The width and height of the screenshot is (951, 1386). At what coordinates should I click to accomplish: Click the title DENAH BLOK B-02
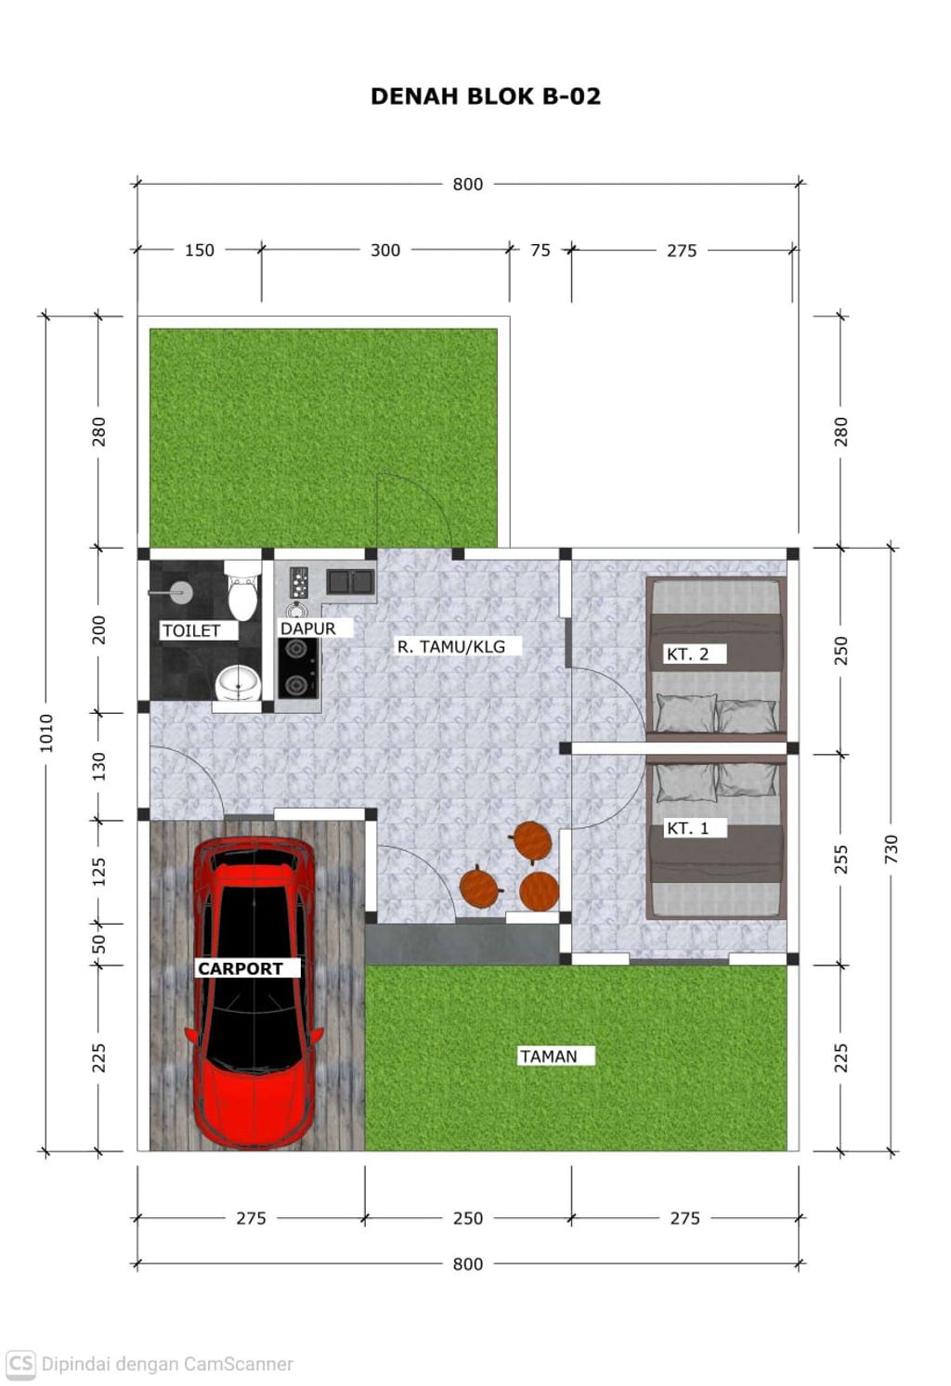pyautogui.click(x=486, y=97)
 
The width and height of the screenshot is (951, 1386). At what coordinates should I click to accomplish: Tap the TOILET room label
pyautogui.click(x=191, y=630)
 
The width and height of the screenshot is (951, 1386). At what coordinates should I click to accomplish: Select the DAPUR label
pyautogui.click(x=307, y=628)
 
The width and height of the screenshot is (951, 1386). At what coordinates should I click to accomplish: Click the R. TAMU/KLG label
pyautogui.click(x=450, y=647)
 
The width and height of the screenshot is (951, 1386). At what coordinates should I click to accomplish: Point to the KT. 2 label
pyautogui.click(x=687, y=654)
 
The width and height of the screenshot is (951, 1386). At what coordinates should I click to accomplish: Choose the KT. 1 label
pyautogui.click(x=687, y=828)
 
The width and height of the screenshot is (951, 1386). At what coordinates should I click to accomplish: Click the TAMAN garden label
pyautogui.click(x=549, y=1056)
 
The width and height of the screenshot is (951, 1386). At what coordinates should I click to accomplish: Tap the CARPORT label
pyautogui.click(x=241, y=968)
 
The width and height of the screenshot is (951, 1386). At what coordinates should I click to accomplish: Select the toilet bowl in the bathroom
pyautogui.click(x=242, y=591)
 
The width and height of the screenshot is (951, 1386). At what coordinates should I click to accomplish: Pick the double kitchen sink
pyautogui.click(x=350, y=582)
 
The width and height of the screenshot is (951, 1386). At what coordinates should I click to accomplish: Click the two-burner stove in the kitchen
pyautogui.click(x=298, y=668)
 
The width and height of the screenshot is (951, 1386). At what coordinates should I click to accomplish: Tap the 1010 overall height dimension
pyautogui.click(x=46, y=733)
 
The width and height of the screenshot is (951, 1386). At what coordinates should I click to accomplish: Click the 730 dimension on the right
pyautogui.click(x=891, y=848)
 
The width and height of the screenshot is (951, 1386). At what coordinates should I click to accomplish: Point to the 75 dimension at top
pyautogui.click(x=540, y=250)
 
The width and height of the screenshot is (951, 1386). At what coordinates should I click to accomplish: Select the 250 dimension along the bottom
pyautogui.click(x=467, y=1218)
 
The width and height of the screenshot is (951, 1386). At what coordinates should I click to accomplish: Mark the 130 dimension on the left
pyautogui.click(x=98, y=766)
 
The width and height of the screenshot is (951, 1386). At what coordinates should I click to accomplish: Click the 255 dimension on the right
pyautogui.click(x=840, y=859)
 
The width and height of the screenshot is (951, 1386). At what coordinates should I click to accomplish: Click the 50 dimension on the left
pyautogui.click(x=98, y=944)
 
